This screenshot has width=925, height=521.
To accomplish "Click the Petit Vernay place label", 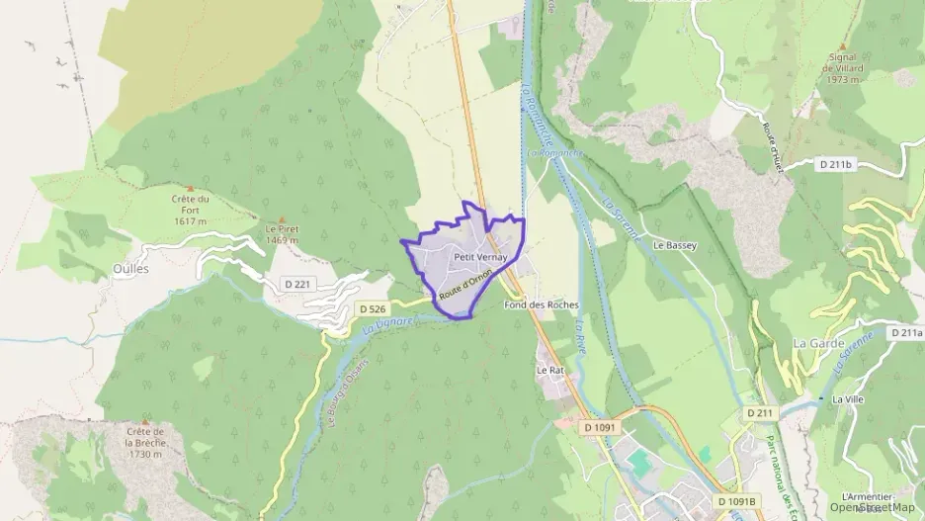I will tap(479, 257).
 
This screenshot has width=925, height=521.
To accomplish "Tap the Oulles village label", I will tap(130, 269).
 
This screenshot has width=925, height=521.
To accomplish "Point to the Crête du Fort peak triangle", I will tap(189, 187).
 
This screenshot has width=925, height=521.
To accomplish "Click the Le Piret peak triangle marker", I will tap(282, 218).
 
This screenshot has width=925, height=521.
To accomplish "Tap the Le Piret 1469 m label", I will tap(282, 233).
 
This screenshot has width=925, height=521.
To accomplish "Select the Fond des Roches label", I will tap(541, 304).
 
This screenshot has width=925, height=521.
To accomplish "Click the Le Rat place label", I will tap(549, 370).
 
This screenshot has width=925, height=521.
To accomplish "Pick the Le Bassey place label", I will tap(675, 244).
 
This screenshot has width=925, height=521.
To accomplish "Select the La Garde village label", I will tap(814, 342).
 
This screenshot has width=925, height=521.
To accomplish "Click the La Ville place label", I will tap(848, 398).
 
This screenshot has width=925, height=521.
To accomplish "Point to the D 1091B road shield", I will tap(736, 501).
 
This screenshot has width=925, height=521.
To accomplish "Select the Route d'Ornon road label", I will tap(465, 285).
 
